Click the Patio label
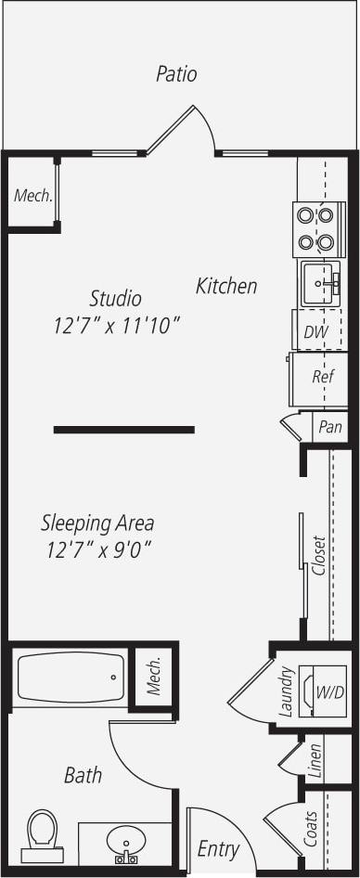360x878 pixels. click(x=176, y=74)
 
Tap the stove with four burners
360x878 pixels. click(x=314, y=229)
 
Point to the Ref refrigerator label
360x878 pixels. click(x=322, y=377)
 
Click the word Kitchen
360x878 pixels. click(x=226, y=286)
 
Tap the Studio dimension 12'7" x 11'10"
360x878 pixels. click(x=116, y=326)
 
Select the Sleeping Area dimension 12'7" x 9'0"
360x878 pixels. click(x=98, y=550)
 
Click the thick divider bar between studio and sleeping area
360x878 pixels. click(x=123, y=430)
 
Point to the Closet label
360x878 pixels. click(x=319, y=556)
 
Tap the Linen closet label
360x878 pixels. click(x=315, y=759)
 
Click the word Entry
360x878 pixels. click(x=219, y=849)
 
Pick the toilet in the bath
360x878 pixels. click(x=42, y=833)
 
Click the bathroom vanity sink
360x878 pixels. click(x=125, y=845)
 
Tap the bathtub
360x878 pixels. click(x=71, y=678)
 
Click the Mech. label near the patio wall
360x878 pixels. click(x=32, y=196)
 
